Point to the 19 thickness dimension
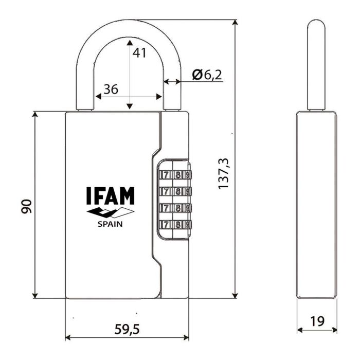(x=318, y=321)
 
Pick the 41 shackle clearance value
(x=139, y=52)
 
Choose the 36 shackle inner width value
(x=111, y=89)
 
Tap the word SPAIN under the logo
(x=110, y=224)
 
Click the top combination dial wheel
(x=174, y=175)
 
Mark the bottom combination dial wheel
(x=174, y=225)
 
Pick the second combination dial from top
(x=174, y=192)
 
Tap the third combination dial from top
(x=174, y=208)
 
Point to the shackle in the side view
(x=316, y=64)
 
